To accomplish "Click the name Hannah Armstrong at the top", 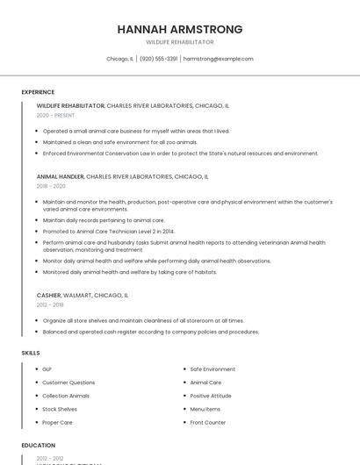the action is point(180,29).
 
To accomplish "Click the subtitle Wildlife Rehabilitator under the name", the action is point(180,42).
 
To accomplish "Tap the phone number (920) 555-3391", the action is point(158,59).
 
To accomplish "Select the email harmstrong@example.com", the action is point(218,59).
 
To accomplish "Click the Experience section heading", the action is point(38,92).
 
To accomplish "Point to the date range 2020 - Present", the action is point(55,115).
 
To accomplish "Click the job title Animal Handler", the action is point(61,176).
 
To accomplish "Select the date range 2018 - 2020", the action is point(51,186).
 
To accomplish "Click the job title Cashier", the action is point(48,296).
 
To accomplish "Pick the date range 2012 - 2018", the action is point(50,305).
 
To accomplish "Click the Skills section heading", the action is point(31,353).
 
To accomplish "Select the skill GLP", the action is point(47,369).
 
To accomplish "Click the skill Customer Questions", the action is point(68,383).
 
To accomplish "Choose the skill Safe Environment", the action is point(212,369).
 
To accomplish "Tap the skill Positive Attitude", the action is point(211,396).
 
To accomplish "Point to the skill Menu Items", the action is point(205,409).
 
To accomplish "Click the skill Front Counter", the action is point(208,423).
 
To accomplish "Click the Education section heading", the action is point(38,446).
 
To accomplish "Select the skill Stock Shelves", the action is point(60,409).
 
